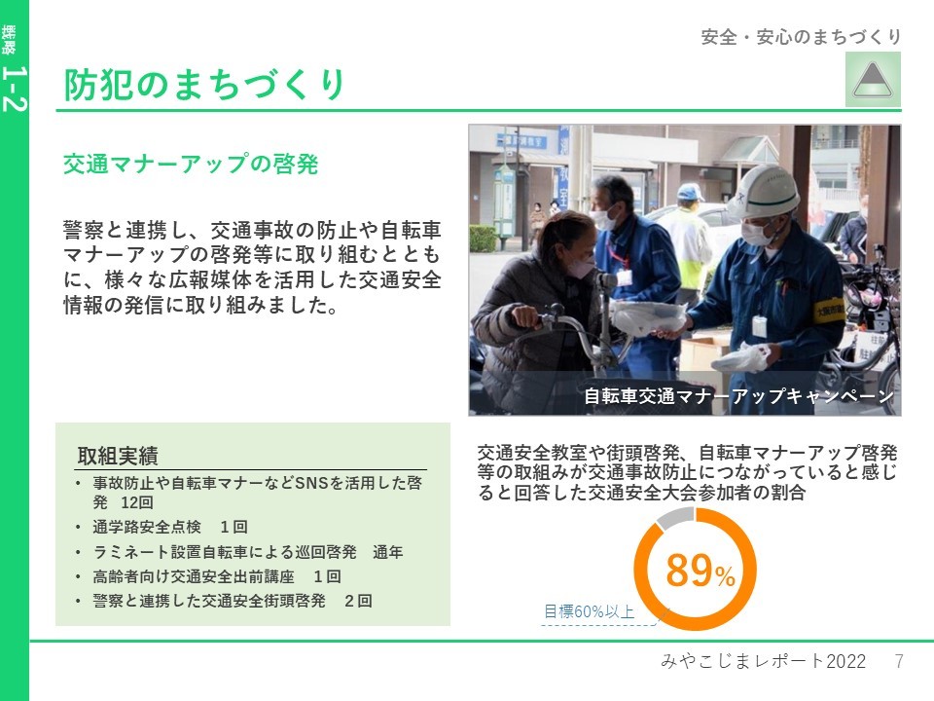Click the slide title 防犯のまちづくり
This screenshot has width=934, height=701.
click(x=204, y=84)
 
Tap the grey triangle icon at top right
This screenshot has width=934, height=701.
click(x=873, y=80)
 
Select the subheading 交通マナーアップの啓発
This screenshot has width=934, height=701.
click(x=192, y=164)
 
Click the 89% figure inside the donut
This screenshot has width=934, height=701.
click(x=700, y=571)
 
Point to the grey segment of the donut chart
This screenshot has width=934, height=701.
click(x=676, y=516)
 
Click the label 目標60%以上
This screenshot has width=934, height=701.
click(x=590, y=611)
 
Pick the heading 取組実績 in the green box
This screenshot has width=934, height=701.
click(x=118, y=456)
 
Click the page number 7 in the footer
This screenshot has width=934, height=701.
click(x=899, y=661)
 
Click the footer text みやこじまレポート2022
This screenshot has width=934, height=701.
click(x=764, y=661)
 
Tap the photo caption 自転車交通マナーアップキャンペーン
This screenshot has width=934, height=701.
click(x=738, y=396)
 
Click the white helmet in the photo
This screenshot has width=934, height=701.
click(x=764, y=190)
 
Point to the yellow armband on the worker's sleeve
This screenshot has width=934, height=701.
click(x=828, y=310)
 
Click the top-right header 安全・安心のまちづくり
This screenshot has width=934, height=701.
click(x=801, y=37)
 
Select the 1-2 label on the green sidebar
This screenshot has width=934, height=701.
click(x=15, y=89)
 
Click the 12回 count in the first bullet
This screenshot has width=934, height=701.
click(x=137, y=502)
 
